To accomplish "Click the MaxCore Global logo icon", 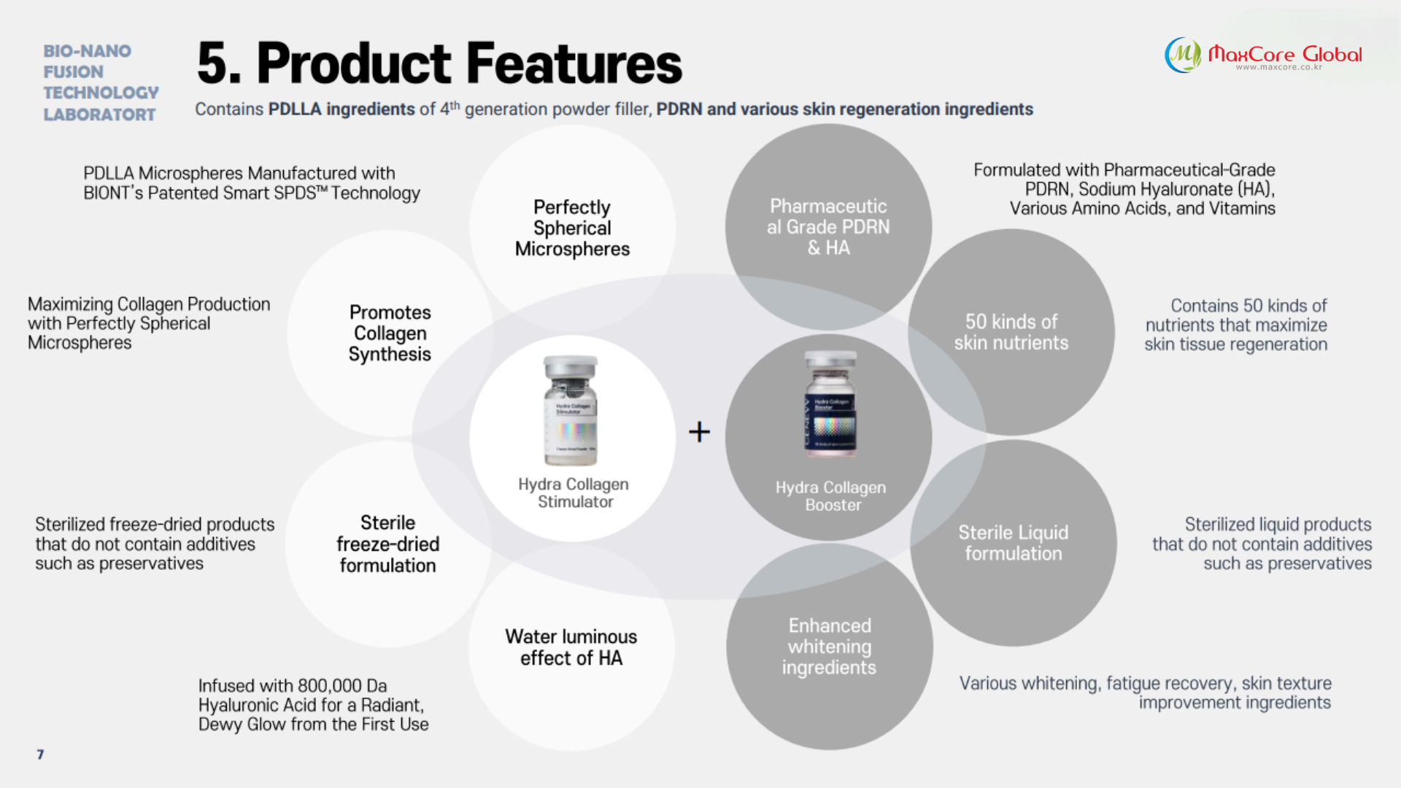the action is [x=1182, y=55].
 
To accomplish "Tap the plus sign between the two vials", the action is [x=699, y=432].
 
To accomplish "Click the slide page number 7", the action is [x=40, y=754].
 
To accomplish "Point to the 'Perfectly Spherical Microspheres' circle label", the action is [x=572, y=228].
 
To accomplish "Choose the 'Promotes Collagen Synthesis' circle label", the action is [x=390, y=333].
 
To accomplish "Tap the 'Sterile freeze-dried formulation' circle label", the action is [x=387, y=544].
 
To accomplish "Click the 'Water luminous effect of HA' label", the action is [x=571, y=647].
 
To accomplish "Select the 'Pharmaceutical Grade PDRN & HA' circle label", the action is [x=828, y=227].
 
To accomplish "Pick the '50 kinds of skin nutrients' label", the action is [x=1011, y=333].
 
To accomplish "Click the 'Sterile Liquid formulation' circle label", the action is [x=1013, y=543].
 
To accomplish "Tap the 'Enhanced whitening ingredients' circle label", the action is [x=829, y=646].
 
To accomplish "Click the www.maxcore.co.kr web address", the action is [x=1278, y=67].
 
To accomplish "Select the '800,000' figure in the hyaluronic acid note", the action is [x=330, y=686].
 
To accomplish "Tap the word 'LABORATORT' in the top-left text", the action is [x=99, y=115].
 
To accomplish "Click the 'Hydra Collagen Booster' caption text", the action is [x=831, y=496].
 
